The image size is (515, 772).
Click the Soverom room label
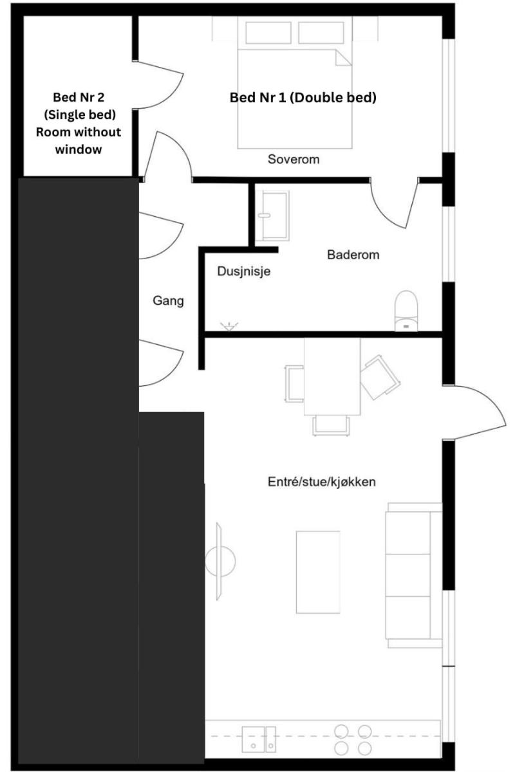pyautogui.click(x=294, y=160)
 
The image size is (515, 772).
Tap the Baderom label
pyautogui.click(x=353, y=255)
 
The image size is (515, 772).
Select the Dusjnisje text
pyautogui.click(x=243, y=271)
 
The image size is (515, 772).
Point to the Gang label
pyautogui.click(x=168, y=301)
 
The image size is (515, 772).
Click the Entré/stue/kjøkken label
pyautogui.click(x=321, y=481)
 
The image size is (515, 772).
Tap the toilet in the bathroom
pyautogui.click(x=406, y=311)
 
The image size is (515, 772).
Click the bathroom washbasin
pyautogui.click(x=275, y=216)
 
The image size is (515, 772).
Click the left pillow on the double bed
pyautogui.click(x=268, y=33)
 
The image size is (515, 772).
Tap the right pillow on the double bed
pyautogui.click(x=321, y=33)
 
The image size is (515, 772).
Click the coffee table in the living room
pyautogui.click(x=318, y=573)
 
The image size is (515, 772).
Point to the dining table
pyautogui.click(x=332, y=376)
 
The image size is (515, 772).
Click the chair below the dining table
pyautogui.click(x=331, y=426)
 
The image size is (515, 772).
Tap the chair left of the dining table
pyautogui.click(x=294, y=383)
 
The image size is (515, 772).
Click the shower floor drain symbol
pyautogui.click(x=229, y=326)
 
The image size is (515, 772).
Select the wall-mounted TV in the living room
pyautogui.click(x=220, y=561)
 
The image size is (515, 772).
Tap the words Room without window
pyautogui.click(x=79, y=141)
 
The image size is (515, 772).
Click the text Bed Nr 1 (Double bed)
pyautogui.click(x=303, y=98)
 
